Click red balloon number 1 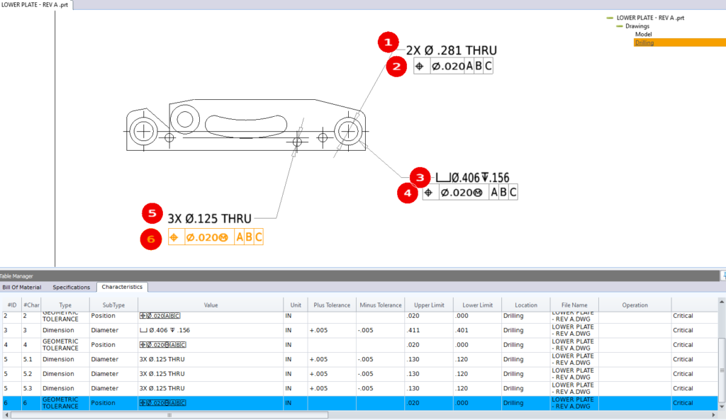click(387, 43)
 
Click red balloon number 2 click(396, 67)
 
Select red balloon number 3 click(420, 177)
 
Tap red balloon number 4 click(407, 193)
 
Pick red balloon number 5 click(152, 214)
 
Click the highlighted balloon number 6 click(150, 239)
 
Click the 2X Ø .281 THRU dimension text click(451, 50)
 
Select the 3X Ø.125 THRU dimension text click(209, 217)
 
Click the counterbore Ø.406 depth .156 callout click(472, 178)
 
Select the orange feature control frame click(216, 238)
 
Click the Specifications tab click(72, 287)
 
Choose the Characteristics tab click(121, 287)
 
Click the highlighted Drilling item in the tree click(644, 42)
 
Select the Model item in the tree click(643, 34)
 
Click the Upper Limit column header click(429, 305)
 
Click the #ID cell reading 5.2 click(31, 374)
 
